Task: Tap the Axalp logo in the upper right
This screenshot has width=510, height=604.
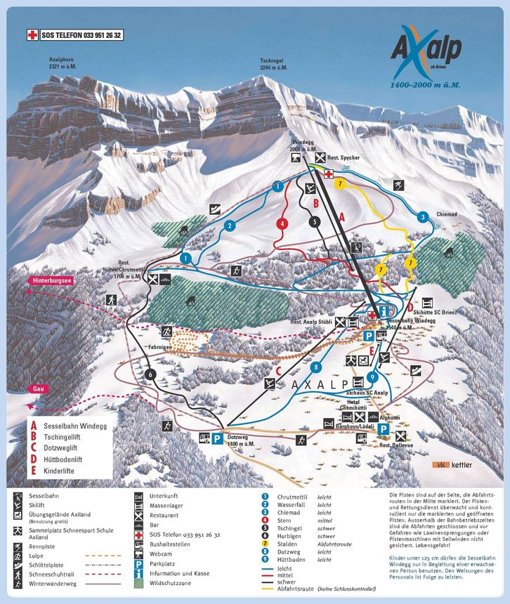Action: [425, 53]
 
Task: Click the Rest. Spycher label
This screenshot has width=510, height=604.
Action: [344, 158]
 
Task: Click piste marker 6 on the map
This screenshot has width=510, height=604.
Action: [149, 374]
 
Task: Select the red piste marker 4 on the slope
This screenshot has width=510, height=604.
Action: [282, 224]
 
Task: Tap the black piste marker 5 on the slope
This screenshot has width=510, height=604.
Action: [314, 221]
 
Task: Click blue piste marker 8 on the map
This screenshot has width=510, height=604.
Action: [317, 367]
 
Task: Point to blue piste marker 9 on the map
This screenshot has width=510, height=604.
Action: [372, 377]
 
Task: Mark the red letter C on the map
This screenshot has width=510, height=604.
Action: [278, 371]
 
